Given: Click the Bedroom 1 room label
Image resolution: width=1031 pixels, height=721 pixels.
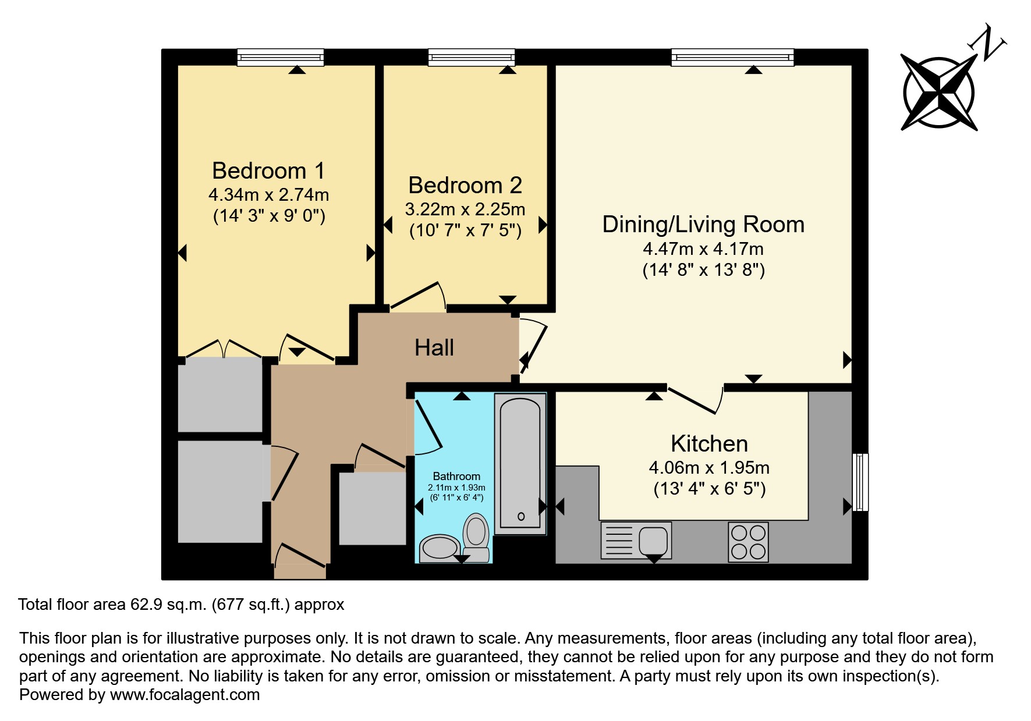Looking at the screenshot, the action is [x=268, y=171].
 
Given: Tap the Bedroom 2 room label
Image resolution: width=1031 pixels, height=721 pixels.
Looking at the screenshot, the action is [x=465, y=186].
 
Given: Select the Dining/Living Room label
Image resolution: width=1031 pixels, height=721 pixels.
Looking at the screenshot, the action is [x=703, y=225].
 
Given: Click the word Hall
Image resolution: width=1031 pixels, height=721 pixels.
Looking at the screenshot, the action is [x=434, y=348].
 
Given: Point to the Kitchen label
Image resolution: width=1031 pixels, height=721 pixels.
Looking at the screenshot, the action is [x=709, y=444].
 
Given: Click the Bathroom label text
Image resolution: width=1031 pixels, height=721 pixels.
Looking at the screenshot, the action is [x=456, y=477].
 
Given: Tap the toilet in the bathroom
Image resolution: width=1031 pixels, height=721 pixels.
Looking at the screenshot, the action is [x=476, y=538].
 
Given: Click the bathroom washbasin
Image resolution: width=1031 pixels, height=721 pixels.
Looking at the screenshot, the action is [x=440, y=548].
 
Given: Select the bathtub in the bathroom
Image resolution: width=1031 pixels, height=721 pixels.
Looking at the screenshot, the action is [x=520, y=464].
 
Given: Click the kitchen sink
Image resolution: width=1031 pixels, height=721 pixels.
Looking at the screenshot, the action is [x=636, y=540].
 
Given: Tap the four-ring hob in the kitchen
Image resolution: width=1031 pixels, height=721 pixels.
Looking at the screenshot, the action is [x=748, y=542].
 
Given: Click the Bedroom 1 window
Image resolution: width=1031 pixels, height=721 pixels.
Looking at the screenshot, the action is [x=281, y=57].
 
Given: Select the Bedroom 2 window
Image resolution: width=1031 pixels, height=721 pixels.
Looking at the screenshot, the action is [x=472, y=57].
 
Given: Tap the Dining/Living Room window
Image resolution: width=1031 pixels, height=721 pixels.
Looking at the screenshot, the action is [x=732, y=57].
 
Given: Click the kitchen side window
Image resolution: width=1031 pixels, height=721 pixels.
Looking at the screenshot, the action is [x=860, y=482].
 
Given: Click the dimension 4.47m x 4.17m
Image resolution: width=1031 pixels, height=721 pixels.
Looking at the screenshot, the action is [x=703, y=249].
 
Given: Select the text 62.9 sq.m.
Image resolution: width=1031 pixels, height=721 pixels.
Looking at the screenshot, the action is [x=168, y=605].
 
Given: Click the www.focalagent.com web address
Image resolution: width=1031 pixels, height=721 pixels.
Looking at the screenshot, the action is [x=185, y=695].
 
